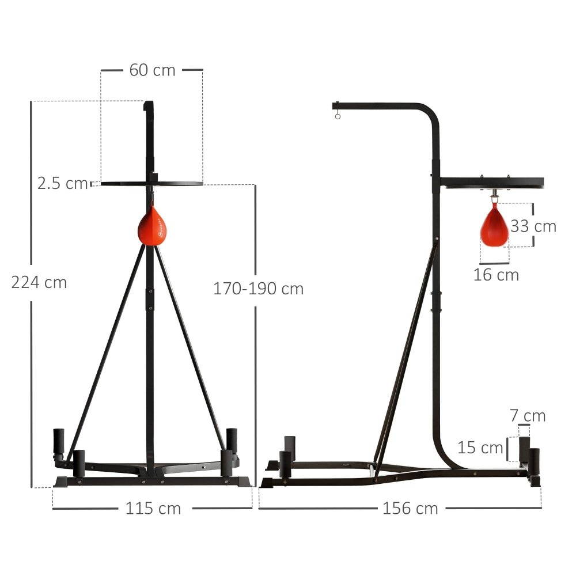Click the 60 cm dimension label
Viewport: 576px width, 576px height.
[x=152, y=70]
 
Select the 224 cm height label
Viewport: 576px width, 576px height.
[x=39, y=283]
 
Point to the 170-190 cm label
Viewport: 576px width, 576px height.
[x=258, y=289]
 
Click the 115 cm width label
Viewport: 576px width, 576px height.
[x=153, y=509]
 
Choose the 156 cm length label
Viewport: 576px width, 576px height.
[x=410, y=509]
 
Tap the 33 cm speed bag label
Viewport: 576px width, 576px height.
[x=533, y=226]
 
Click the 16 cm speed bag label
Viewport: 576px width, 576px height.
[x=496, y=275]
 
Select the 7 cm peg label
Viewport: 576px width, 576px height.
[x=528, y=415]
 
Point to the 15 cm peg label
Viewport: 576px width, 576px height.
[x=480, y=448]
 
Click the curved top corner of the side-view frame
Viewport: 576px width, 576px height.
[x=431, y=113]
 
